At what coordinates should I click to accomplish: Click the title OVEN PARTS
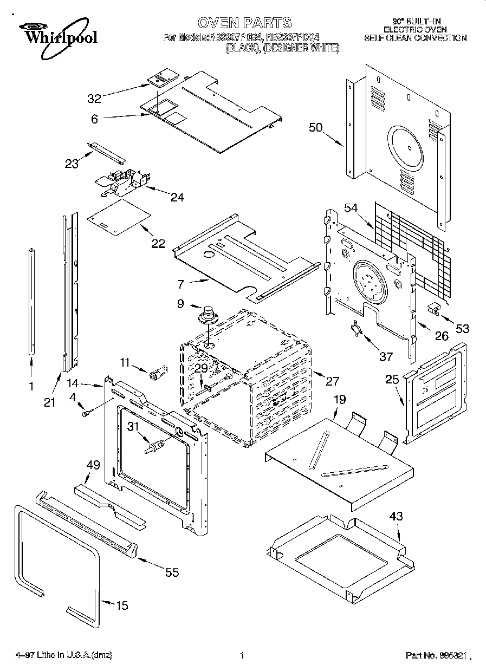[x=244, y=23]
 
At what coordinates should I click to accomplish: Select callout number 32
[x=94, y=98]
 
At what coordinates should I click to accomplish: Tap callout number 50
[x=315, y=128]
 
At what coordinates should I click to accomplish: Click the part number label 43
[x=396, y=517]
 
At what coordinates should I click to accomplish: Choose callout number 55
[x=172, y=572]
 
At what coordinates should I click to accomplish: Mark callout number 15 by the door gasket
[x=122, y=605]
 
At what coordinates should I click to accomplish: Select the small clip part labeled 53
[x=432, y=309]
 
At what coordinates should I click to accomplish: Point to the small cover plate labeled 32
[x=161, y=80]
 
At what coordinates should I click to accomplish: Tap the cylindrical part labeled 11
[x=158, y=374]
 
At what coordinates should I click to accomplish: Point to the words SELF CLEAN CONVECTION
[x=415, y=38]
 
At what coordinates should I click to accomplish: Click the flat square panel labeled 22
[x=119, y=217]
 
